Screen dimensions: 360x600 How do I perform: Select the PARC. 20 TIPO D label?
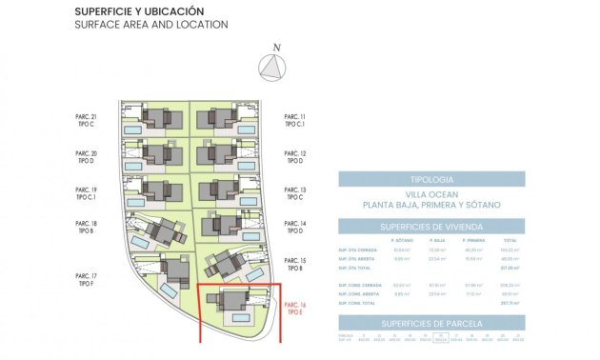tap(87, 157)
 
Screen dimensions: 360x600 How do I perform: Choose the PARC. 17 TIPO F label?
tap(87, 279)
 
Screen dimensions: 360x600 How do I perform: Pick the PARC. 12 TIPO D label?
tap(295, 157)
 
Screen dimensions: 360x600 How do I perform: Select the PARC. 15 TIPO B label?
tap(295, 264)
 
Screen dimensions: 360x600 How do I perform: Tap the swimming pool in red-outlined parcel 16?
tap(241, 317)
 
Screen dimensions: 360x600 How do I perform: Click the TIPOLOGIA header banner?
tap(430, 179)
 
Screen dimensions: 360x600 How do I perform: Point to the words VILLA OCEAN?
tap(430, 194)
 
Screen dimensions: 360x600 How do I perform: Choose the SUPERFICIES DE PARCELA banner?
tap(430, 324)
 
